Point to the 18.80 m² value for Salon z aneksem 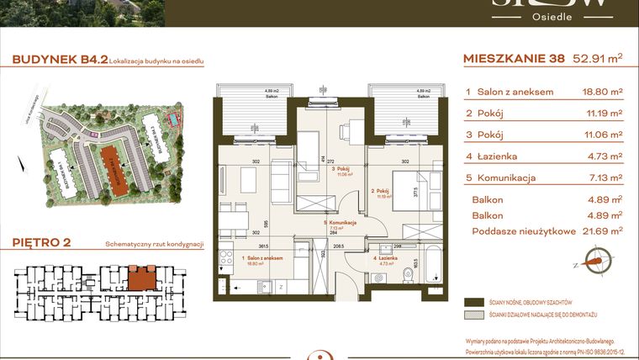602,91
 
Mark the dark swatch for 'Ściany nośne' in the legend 473,301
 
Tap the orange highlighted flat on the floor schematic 136,274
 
